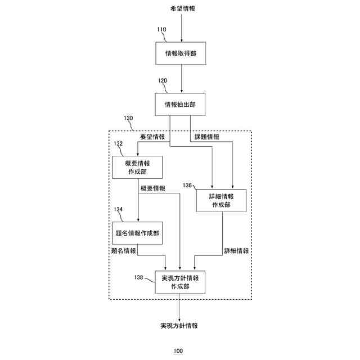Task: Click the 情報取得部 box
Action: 180,54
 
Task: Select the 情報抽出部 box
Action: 180,104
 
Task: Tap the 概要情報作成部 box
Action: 137,168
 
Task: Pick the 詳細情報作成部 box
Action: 221,200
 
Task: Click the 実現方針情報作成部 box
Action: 180,282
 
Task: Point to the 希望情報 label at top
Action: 181,9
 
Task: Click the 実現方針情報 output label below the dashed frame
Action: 179,326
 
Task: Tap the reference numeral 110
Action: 162,29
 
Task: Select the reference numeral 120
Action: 162,80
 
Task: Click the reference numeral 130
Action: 128,119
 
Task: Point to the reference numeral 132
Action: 118,144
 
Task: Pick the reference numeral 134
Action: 118,209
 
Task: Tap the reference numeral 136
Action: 187,184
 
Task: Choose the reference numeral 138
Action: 138,277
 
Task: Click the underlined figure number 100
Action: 178,351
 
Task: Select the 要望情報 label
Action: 152,137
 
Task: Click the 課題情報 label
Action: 208,137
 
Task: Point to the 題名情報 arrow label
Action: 124,251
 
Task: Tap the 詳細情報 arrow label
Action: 236,251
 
